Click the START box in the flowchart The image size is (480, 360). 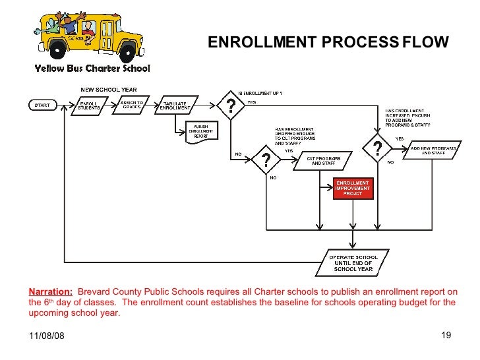click(x=42, y=105)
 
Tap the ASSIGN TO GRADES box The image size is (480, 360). click(x=132, y=105)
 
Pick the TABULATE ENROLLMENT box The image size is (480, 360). click(x=175, y=105)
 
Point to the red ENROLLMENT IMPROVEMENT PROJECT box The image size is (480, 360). click(x=354, y=188)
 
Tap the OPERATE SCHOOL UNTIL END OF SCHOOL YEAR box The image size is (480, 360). click(x=354, y=262)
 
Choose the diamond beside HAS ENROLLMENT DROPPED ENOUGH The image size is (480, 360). click(x=265, y=160)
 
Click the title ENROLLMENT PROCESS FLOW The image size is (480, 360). click(x=328, y=43)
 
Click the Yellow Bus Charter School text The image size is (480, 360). click(x=92, y=68)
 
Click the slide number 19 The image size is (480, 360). click(x=445, y=336)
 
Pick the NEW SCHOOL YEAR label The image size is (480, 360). click(x=109, y=90)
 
